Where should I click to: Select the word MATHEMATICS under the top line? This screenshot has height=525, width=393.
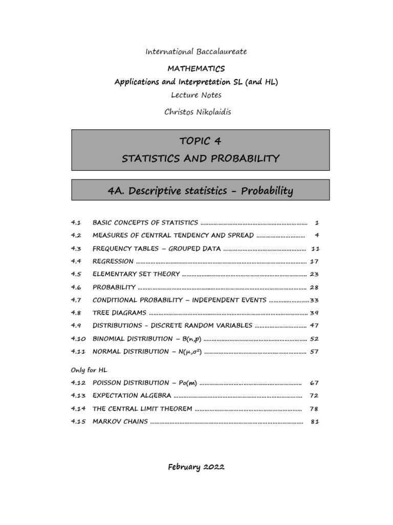[x=196, y=68]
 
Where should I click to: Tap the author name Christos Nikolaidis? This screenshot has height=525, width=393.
[x=197, y=112]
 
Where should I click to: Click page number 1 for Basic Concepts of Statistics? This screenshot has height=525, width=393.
[x=317, y=223]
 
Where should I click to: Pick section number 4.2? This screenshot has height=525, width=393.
[x=76, y=235]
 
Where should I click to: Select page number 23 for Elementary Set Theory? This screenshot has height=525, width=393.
[x=314, y=274]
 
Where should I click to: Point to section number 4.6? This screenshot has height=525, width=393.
[x=76, y=287]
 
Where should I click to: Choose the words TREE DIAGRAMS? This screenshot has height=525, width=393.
[x=119, y=313]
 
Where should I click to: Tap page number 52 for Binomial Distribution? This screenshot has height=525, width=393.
[x=314, y=339]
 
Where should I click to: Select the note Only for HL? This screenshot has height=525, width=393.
[x=89, y=370]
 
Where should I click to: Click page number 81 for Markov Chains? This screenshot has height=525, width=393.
[x=315, y=421]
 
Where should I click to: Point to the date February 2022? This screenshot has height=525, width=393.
[x=196, y=467]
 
